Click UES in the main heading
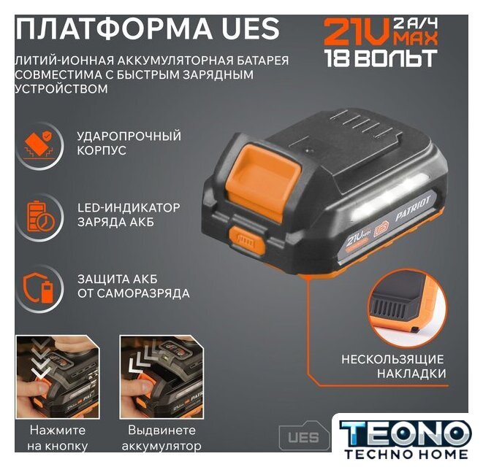click(249, 28)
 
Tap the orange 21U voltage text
click(357, 32)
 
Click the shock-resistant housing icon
click(39, 145)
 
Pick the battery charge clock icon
click(39, 216)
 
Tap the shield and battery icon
click(39, 288)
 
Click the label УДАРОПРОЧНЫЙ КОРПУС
click(129, 143)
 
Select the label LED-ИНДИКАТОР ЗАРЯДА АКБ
click(129, 215)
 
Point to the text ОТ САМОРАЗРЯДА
click(134, 293)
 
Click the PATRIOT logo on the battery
click(413, 209)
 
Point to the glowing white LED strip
click(390, 197)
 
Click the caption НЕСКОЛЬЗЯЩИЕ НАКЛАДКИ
click(393, 366)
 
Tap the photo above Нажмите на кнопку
click(58, 377)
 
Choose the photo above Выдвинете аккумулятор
click(161, 377)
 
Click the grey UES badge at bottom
click(304, 437)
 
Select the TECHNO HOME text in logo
click(406, 454)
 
